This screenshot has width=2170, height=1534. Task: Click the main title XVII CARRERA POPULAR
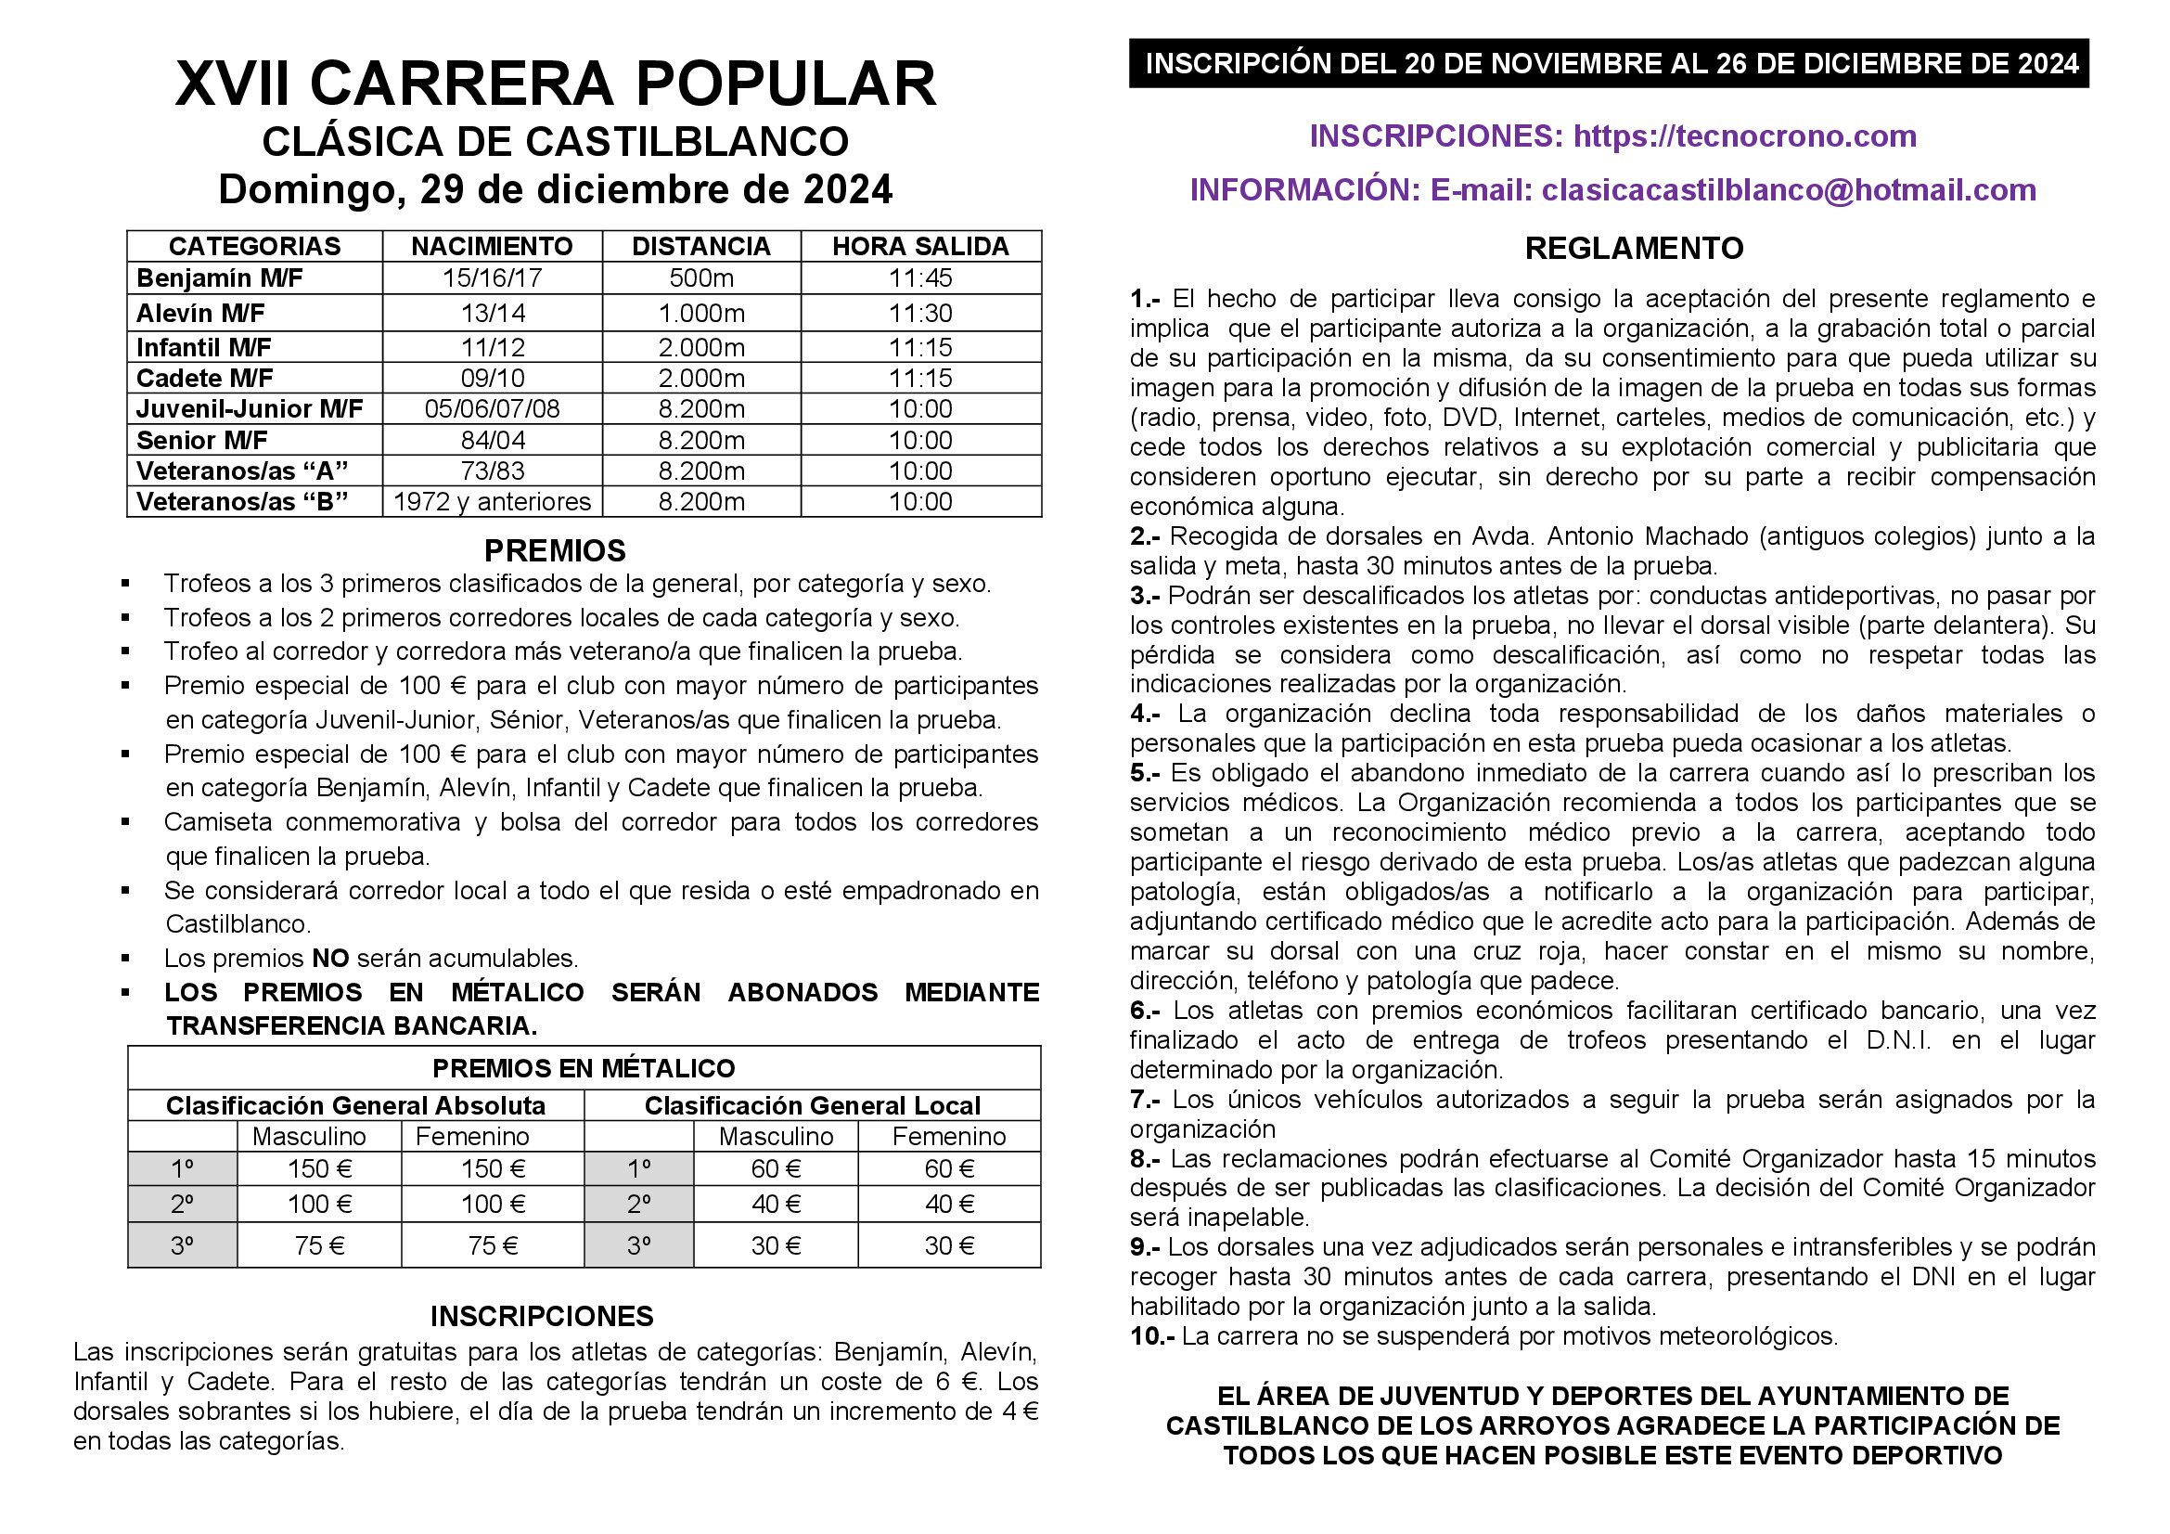[555, 84]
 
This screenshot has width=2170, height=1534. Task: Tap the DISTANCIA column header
[700, 246]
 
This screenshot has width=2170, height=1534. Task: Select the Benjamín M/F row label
[206, 277]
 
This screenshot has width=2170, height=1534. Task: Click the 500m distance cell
[700, 277]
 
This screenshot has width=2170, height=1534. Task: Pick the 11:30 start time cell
[919, 313]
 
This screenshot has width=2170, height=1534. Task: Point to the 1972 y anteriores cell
[492, 501]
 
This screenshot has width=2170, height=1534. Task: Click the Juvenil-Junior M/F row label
[250, 408]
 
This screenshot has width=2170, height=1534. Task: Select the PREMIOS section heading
[555, 550]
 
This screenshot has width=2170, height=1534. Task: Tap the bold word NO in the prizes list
[330, 958]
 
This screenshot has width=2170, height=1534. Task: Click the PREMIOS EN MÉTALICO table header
[584, 1068]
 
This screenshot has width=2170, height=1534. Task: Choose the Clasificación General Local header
[812, 1105]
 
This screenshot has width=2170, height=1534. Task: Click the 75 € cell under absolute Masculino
[318, 1244]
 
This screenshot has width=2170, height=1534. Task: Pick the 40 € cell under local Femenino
[949, 1204]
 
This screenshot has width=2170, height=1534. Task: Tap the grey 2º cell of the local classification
[639, 1204]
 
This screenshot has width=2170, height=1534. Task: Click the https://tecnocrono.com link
[1745, 136]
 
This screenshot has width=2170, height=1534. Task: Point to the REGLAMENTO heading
[1634, 248]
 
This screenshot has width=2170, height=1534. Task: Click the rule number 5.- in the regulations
[1145, 772]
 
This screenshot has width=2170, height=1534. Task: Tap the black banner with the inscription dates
[1609, 63]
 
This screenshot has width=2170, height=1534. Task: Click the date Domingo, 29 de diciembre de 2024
[555, 189]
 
